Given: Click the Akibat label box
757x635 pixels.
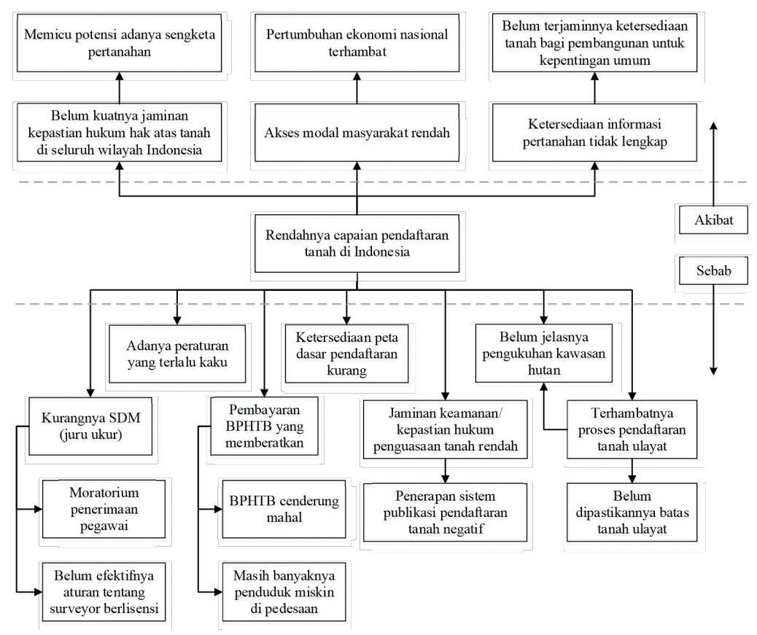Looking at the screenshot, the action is point(713,220).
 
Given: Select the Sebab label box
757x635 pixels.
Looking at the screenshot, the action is point(713,270).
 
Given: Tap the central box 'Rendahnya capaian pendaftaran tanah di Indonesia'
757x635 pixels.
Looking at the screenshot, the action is point(357,244).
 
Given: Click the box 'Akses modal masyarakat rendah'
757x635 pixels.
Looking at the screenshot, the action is point(357,133).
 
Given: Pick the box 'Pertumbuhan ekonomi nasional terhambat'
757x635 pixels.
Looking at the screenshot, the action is point(357,43).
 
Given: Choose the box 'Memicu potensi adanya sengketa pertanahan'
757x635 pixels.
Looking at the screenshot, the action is point(120,43).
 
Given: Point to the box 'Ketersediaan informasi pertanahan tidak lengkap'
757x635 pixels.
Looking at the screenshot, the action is point(594,133).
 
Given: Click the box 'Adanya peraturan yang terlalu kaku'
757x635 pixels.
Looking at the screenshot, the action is point(177,354).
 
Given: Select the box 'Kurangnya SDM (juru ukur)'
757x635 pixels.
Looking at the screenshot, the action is point(90,426).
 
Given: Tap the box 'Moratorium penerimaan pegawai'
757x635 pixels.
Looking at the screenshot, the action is point(104,509).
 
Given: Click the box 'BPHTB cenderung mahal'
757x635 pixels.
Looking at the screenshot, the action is point(284,509).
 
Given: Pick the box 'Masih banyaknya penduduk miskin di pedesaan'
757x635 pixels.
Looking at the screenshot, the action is point(284,592).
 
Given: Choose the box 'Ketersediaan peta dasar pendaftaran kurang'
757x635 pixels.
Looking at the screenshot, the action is point(346,354).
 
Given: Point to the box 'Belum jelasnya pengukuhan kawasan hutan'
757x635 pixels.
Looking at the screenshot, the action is point(543,353).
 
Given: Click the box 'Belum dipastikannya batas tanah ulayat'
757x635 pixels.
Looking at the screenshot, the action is point(632,513).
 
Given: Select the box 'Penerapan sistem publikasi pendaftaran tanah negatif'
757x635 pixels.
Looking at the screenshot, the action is point(445,513).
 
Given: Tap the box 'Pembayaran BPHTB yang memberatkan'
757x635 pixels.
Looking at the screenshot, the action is point(264,426).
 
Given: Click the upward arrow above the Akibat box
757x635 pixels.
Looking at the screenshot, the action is point(713,164).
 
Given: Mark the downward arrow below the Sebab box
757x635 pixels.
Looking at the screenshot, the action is point(713,330).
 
